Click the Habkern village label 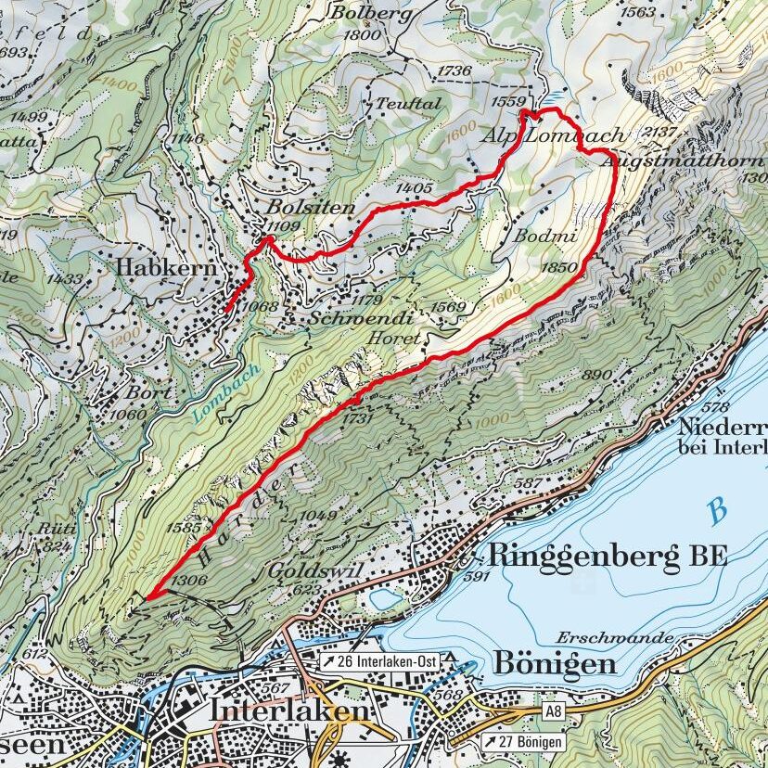[166, 268]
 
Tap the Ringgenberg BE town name [606, 557]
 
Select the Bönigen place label [555, 664]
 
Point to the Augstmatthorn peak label [682, 161]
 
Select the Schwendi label [362, 316]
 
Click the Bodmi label [547, 237]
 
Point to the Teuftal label [408, 104]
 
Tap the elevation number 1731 [356, 418]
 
